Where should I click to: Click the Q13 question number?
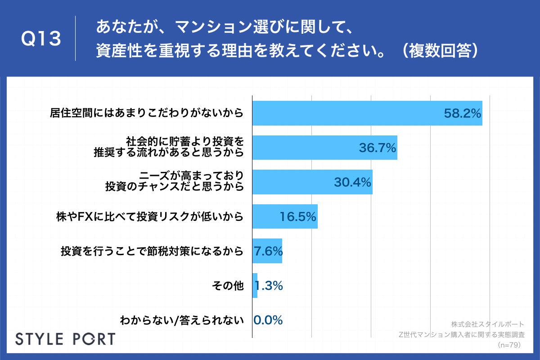click(41, 39)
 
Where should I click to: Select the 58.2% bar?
click(367, 113)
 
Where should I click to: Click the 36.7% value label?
click(377, 147)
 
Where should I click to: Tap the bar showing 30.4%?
click(312, 182)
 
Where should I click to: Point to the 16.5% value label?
click(298, 217)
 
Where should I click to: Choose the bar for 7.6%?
click(267, 251)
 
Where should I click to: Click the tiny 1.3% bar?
click(255, 285)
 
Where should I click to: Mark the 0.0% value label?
click(268, 320)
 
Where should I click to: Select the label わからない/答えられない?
click(181, 320)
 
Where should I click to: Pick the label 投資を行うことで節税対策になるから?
click(152, 251)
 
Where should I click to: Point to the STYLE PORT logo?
click(65, 338)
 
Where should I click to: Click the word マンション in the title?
click(207, 28)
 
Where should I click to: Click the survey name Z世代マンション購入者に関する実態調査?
click(461, 334)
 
